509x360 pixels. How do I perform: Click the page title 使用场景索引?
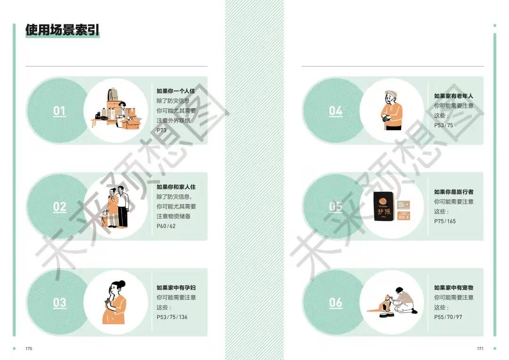point(62,31)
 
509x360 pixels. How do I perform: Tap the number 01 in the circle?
point(59,111)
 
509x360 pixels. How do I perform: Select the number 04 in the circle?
point(336,111)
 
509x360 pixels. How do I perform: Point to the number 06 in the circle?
point(336,302)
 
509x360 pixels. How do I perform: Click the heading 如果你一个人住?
point(176,91)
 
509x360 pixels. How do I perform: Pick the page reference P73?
point(162,130)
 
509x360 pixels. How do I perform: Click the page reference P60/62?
point(166,226)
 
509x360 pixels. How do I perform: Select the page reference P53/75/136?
point(172,317)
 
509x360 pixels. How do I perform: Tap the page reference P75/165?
point(445,221)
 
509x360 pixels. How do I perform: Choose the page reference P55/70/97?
point(448,317)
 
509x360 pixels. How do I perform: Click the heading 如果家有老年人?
point(453,96)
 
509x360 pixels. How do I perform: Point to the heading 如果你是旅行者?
point(454,192)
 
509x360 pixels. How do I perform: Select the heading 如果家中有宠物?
point(453,287)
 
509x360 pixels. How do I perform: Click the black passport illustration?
point(382,207)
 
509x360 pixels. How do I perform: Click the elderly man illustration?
point(391,111)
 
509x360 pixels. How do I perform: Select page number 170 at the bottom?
point(28,349)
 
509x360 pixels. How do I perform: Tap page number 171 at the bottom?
point(480,349)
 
